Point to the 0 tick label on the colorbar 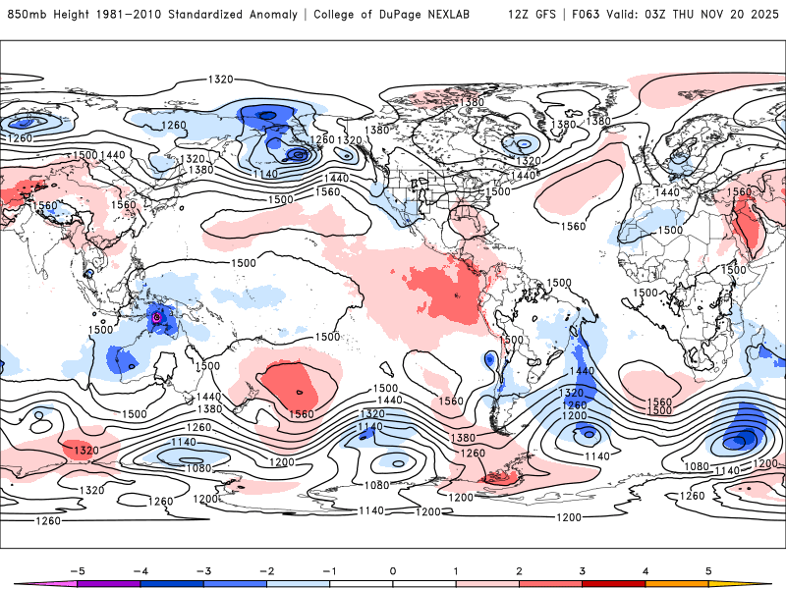pyautogui.click(x=392, y=570)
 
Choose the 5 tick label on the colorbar pyautogui.click(x=708, y=570)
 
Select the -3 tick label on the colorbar pyautogui.click(x=202, y=570)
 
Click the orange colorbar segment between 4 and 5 pyautogui.click(x=677, y=584)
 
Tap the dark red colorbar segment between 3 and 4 pyautogui.click(x=614, y=584)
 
